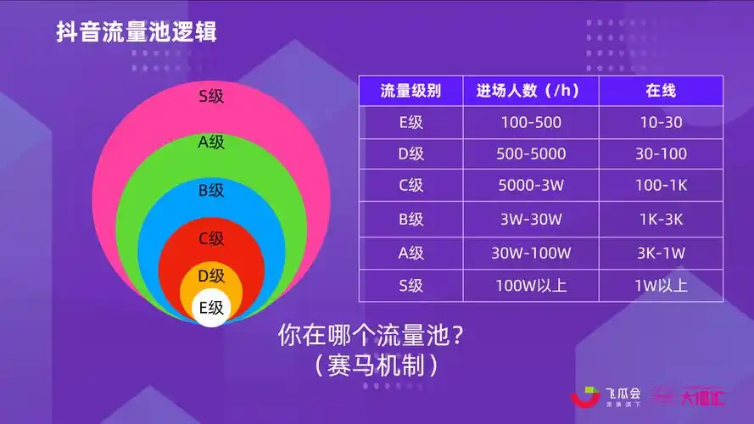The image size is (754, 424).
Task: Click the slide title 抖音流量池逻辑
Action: (137, 33)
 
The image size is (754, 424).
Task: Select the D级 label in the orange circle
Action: (211, 276)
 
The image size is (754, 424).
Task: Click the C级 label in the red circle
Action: (211, 239)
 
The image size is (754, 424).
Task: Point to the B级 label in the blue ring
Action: (211, 190)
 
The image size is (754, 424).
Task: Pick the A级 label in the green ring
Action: (211, 142)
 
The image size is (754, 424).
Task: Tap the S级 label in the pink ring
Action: (211, 96)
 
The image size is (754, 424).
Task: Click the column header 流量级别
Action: (411, 91)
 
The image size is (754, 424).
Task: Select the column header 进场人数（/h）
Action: (530, 91)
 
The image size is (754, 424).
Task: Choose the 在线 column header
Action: (661, 91)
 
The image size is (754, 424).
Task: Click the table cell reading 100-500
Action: (531, 122)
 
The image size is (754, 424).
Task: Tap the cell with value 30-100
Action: (661, 154)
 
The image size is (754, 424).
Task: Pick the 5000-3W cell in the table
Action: (531, 186)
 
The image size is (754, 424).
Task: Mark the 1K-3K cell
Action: (661, 220)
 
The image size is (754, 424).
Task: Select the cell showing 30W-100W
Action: (531, 253)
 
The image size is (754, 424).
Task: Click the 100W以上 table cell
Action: (531, 285)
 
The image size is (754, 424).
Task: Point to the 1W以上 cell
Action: (661, 285)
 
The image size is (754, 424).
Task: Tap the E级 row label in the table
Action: (411, 122)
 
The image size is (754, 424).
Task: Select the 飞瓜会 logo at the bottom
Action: (606, 397)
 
